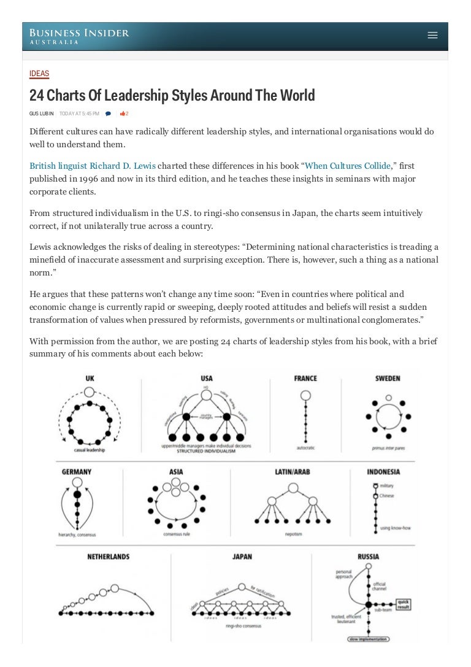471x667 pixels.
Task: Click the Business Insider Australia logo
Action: pyautogui.click(x=80, y=36)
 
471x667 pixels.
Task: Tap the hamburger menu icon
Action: pyautogui.click(x=432, y=36)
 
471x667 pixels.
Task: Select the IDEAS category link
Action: pyautogui.click(x=39, y=74)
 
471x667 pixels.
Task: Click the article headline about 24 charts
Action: pyautogui.click(x=172, y=95)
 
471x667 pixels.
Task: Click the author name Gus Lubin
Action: pyautogui.click(x=42, y=114)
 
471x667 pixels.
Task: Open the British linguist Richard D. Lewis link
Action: pyautogui.click(x=93, y=166)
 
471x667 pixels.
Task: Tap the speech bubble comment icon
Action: pyautogui.click(x=109, y=114)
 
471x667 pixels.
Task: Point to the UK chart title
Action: pyautogui.click(x=90, y=379)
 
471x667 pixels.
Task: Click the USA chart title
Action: pyautogui.click(x=207, y=379)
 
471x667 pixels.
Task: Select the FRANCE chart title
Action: pyautogui.click(x=305, y=379)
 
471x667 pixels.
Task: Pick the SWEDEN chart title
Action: pyautogui.click(x=388, y=379)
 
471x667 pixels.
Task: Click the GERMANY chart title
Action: pyautogui.click(x=77, y=472)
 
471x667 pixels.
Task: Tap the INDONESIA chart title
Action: pyautogui.click(x=383, y=472)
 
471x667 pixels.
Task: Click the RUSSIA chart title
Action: pyautogui.click(x=368, y=557)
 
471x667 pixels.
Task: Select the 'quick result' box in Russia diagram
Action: pyautogui.click(x=402, y=604)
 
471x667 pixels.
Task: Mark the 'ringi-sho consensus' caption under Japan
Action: pyautogui.click(x=243, y=627)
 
